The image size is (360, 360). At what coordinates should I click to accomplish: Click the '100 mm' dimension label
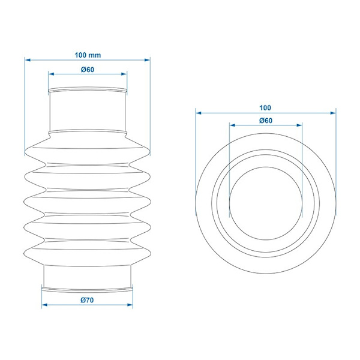coord(88,55)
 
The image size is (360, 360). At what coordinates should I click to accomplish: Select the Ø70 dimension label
coord(87,300)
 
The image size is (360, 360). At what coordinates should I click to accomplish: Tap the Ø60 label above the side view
coord(88,70)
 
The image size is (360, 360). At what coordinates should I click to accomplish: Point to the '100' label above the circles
coord(265,107)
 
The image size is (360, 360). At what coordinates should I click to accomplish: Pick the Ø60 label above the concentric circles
coord(266,121)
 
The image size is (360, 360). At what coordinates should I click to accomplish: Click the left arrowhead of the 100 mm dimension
coord(28,60)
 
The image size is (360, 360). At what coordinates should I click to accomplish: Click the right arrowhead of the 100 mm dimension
coord(147,60)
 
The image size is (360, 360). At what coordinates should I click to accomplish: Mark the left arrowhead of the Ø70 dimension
coord(44,305)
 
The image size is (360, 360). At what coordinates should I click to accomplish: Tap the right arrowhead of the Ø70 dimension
coord(130,305)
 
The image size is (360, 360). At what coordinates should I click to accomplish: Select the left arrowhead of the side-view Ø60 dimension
coord(51,74)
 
